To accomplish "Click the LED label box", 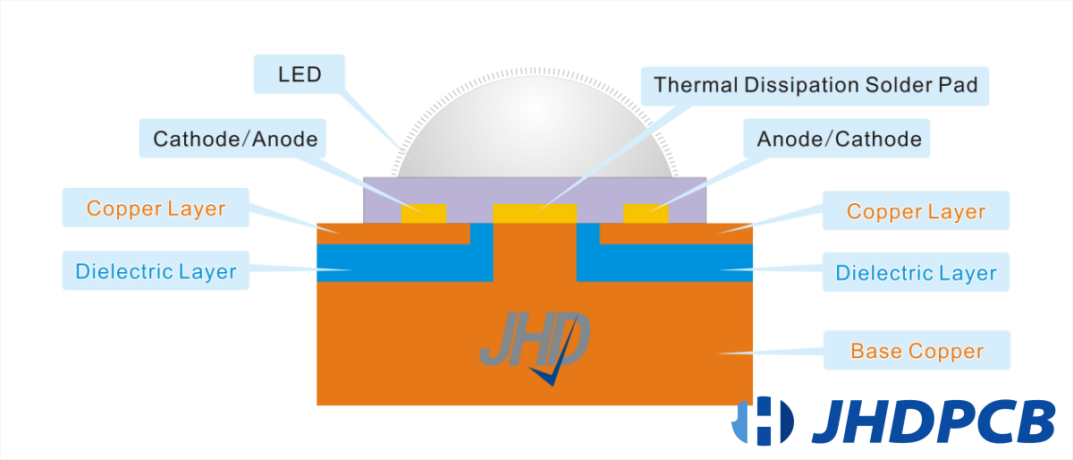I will pos(300,74).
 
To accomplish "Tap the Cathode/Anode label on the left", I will pos(235,139).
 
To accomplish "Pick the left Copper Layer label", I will pos(156,209).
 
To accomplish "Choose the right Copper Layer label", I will pos(916,211).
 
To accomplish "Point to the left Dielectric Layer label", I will pos(156,271).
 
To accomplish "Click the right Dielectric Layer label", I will pos(916,272).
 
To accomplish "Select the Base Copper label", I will pos(917,350).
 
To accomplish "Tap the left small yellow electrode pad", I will pos(423,214).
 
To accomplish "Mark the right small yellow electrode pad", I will pos(646,214).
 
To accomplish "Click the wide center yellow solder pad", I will pos(535,214).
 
